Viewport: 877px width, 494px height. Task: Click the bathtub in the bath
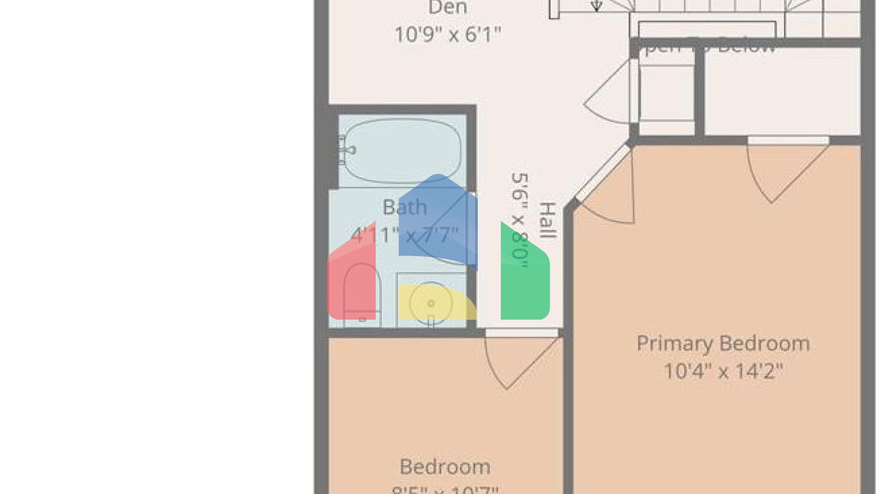pos(403,150)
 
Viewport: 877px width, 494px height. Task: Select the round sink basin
pos(431,304)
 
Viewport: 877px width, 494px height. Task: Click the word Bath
pos(404,207)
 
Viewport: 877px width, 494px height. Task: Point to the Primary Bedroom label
pos(723,343)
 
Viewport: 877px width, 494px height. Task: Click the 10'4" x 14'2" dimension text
pos(723,371)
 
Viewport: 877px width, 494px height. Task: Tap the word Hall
pos(548,220)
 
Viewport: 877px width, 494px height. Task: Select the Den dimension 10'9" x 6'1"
pos(448,34)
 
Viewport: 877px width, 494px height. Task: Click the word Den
pos(448,8)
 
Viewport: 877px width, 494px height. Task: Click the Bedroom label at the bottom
pos(445,467)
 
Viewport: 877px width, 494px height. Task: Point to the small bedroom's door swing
pos(517,360)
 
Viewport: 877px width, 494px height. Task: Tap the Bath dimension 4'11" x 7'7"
pos(404,234)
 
